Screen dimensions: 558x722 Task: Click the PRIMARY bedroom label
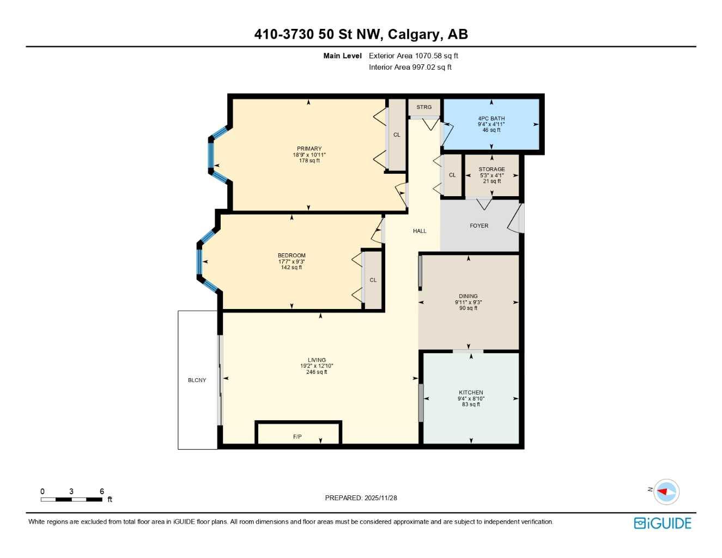click(x=309, y=149)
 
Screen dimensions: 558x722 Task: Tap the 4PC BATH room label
click(x=491, y=118)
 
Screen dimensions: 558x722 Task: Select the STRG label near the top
click(x=424, y=107)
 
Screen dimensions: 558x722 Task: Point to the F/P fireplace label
click(x=298, y=436)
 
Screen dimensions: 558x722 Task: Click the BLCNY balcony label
click(x=197, y=380)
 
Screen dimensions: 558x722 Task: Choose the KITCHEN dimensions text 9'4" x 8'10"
click(x=471, y=398)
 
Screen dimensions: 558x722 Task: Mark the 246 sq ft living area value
click(x=317, y=372)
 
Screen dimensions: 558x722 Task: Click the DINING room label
click(x=468, y=296)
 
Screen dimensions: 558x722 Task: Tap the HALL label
click(x=420, y=231)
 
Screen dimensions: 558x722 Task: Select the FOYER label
click(x=479, y=226)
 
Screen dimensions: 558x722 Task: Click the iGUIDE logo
click(x=663, y=523)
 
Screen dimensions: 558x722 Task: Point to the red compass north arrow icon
click(x=663, y=492)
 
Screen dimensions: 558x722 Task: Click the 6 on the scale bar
click(x=102, y=492)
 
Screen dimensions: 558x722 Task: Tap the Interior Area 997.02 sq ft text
click(x=410, y=68)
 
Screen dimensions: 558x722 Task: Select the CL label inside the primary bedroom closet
click(x=397, y=135)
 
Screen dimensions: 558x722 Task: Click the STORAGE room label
click(x=492, y=169)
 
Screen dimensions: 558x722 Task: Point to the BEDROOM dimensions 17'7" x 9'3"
click(x=292, y=262)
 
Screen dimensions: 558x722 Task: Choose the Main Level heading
click(x=342, y=56)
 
